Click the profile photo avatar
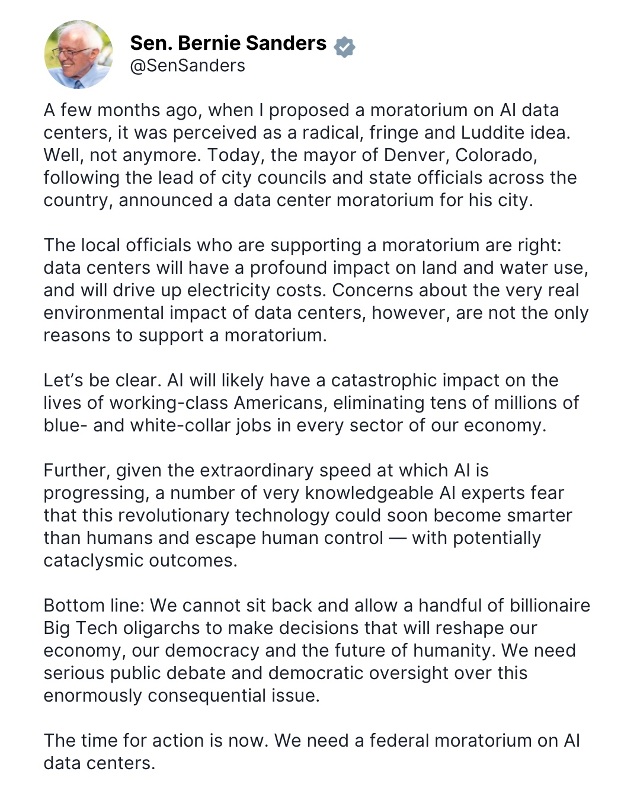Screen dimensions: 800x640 [79, 55]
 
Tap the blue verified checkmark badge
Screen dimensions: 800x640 [344, 47]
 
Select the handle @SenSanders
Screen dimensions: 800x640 [187, 66]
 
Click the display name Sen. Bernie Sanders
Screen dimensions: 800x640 [228, 43]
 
